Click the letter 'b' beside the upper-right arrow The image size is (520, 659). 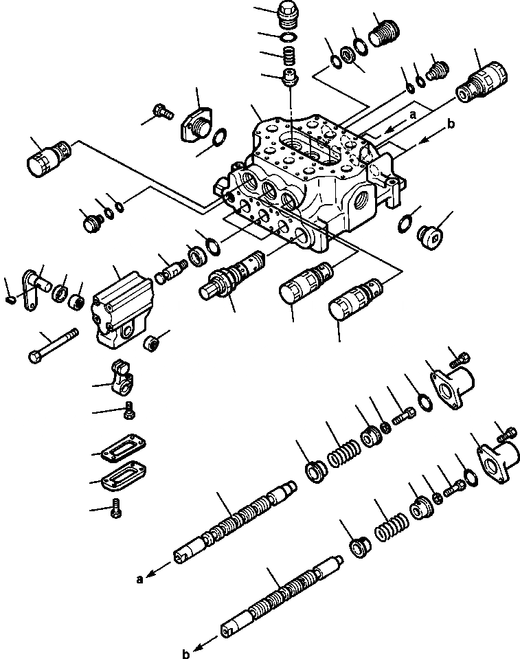pyautogui.click(x=450, y=124)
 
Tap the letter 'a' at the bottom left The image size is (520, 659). pyautogui.click(x=141, y=579)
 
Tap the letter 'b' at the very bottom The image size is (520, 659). pyautogui.click(x=185, y=654)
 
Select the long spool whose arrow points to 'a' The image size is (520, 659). pyautogui.click(x=234, y=522)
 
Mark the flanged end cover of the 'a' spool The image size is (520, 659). pyautogui.click(x=453, y=383)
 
